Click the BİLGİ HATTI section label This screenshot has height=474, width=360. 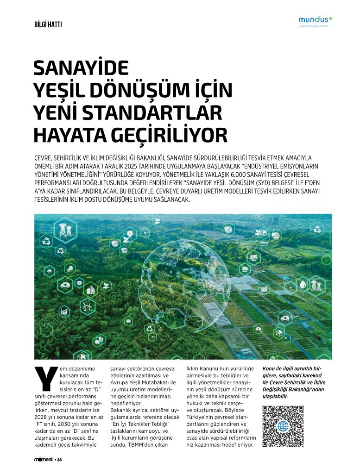(48, 25)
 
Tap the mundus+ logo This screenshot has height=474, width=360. (316, 20)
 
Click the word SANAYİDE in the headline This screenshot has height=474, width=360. (81, 69)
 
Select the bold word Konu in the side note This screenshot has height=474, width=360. (270, 368)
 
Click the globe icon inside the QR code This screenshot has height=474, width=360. (283, 426)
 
